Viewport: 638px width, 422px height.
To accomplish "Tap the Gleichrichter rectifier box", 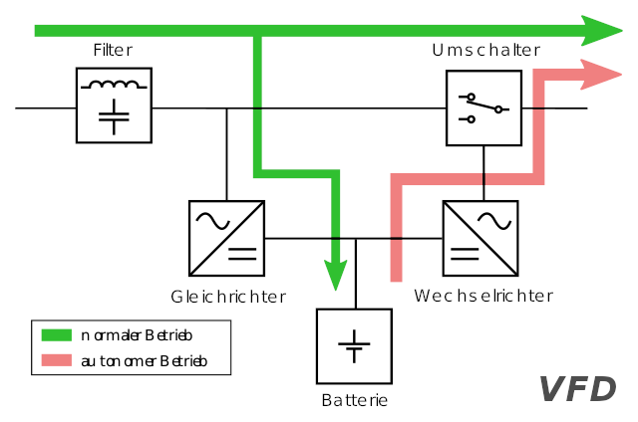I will point(227,238).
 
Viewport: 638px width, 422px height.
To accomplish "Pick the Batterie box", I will point(355,346).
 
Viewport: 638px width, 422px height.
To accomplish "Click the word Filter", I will point(113,50).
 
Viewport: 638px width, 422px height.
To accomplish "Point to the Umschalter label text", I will point(485,50).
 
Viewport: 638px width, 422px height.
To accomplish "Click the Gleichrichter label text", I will point(228,297).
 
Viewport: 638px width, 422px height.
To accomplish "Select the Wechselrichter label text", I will point(483,296).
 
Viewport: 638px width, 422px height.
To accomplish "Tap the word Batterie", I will point(354,401).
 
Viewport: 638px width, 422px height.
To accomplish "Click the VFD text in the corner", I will point(577,389).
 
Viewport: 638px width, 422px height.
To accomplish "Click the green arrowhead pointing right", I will point(603,31).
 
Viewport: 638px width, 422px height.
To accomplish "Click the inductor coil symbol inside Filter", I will point(115,85).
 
